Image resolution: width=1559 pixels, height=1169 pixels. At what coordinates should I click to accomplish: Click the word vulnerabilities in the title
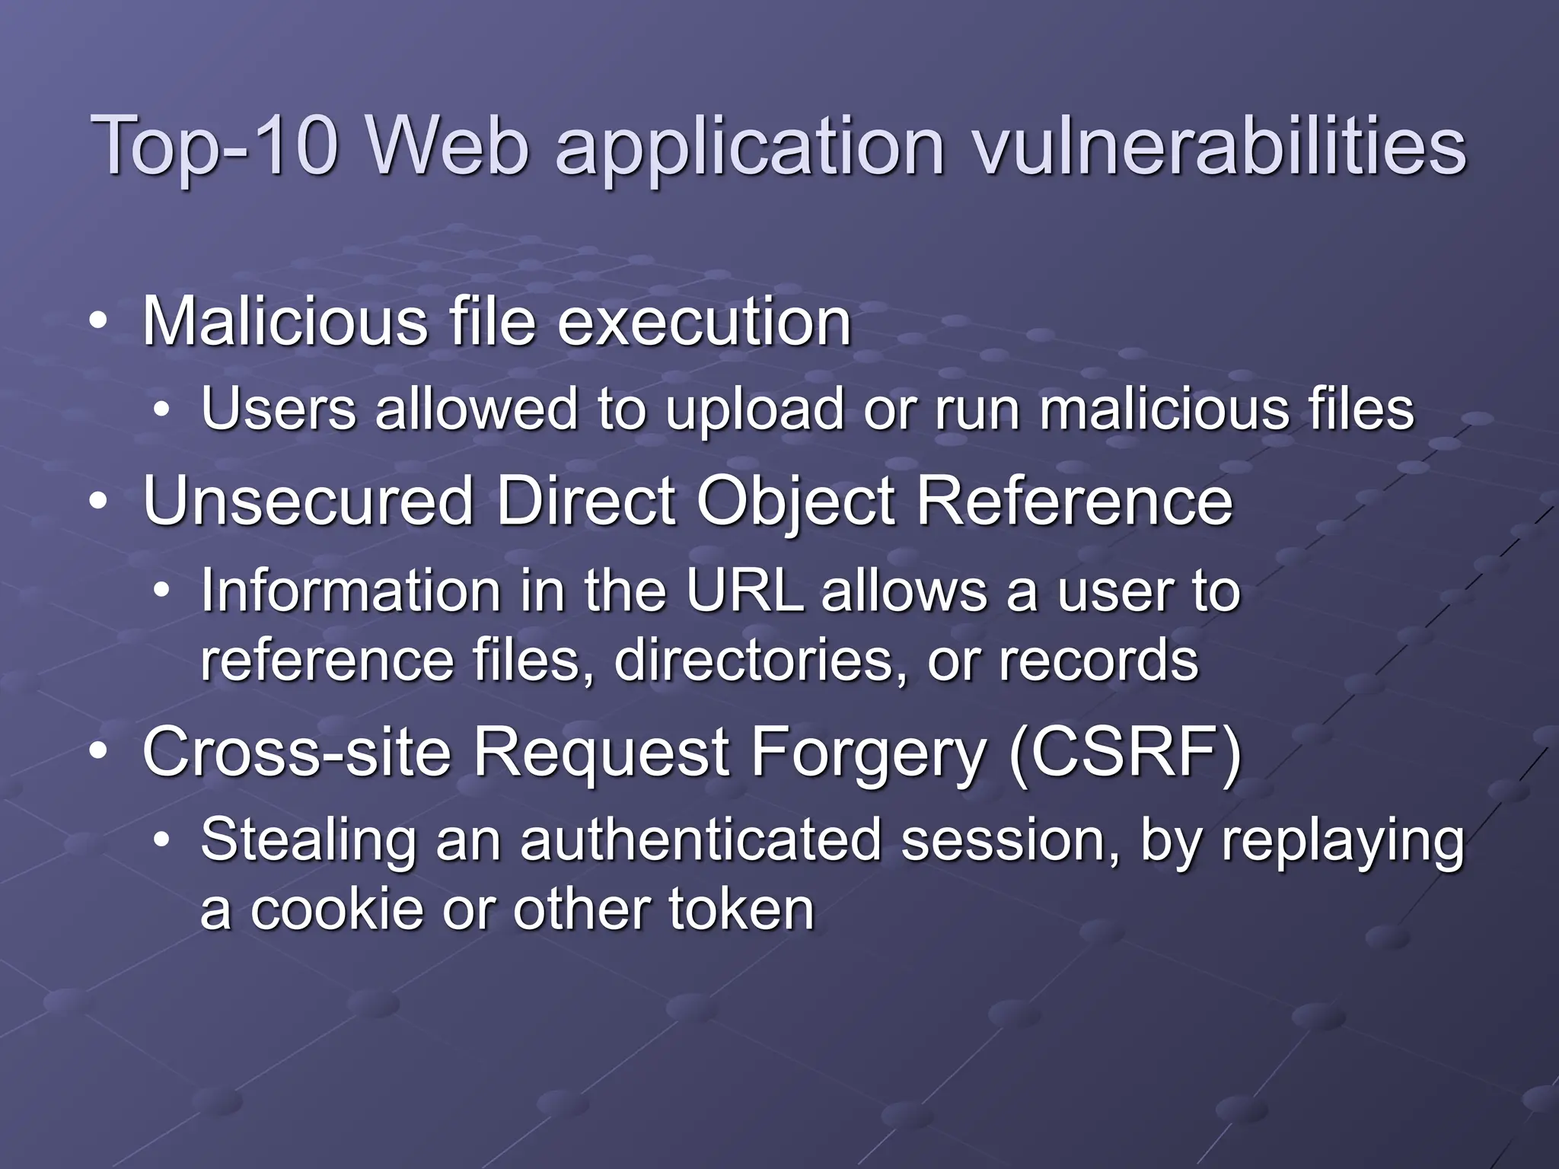[x=1219, y=145]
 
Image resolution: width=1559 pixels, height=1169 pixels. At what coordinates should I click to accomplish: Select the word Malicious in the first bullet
[x=285, y=322]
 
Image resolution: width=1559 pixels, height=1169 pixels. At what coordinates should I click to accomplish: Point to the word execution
[x=704, y=322]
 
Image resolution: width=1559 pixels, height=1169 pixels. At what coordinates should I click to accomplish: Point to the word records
[x=1098, y=661]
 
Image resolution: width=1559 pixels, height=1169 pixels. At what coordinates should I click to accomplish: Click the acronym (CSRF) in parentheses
[x=1124, y=752]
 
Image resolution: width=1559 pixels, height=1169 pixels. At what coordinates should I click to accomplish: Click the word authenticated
[x=700, y=840]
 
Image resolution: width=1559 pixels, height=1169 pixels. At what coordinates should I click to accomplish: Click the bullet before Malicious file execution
[x=97, y=323]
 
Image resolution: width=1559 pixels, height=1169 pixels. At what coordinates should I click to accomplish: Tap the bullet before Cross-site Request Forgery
[x=97, y=752]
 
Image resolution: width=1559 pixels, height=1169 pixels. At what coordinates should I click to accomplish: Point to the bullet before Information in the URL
[x=161, y=591]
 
